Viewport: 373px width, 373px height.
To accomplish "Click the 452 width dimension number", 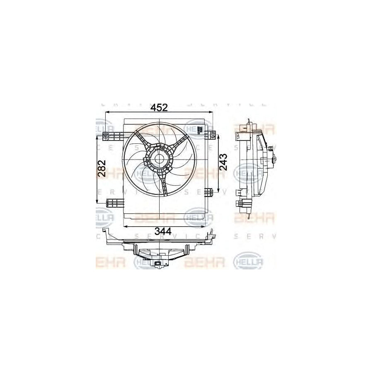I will point(159,108).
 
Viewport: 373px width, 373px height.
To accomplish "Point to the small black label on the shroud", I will point(199,131).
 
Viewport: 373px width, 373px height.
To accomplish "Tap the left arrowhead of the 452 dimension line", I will point(107,112).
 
